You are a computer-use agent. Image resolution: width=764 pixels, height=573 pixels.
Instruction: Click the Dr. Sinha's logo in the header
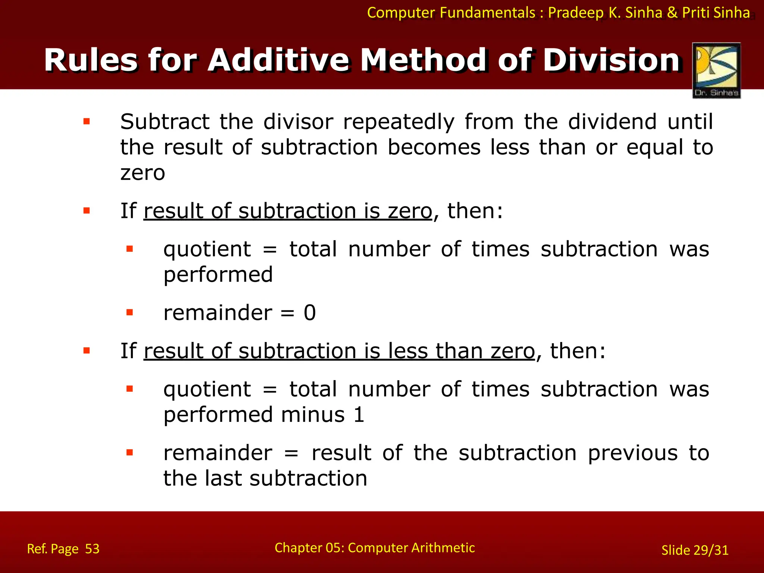click(716, 71)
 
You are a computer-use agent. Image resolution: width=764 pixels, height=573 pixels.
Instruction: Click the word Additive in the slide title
click(279, 60)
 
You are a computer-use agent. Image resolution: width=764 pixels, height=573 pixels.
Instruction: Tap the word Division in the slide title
click(612, 60)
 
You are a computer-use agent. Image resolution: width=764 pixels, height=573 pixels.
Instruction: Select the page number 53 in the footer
click(92, 549)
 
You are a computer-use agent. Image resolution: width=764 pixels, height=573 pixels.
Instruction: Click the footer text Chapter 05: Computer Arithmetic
click(375, 548)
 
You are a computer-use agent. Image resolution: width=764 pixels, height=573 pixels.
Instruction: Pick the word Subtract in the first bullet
click(165, 122)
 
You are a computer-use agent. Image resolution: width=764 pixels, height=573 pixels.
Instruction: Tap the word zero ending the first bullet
click(143, 173)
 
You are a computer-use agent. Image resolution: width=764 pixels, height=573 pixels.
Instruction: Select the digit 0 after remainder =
click(310, 313)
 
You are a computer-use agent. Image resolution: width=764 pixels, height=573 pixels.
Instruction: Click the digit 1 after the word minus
click(359, 415)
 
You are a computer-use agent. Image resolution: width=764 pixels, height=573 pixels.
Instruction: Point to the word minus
click(313, 415)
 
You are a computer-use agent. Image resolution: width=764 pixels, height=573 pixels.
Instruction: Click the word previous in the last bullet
click(633, 453)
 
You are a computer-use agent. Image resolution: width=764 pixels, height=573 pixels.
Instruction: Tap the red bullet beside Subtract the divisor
click(87, 121)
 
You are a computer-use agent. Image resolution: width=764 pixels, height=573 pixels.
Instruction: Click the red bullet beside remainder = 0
click(130, 312)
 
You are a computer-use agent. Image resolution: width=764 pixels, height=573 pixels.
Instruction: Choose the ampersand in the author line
click(672, 13)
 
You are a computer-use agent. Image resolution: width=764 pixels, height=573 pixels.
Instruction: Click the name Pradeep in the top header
click(576, 13)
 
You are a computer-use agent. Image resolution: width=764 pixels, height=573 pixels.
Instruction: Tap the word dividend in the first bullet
click(612, 122)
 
